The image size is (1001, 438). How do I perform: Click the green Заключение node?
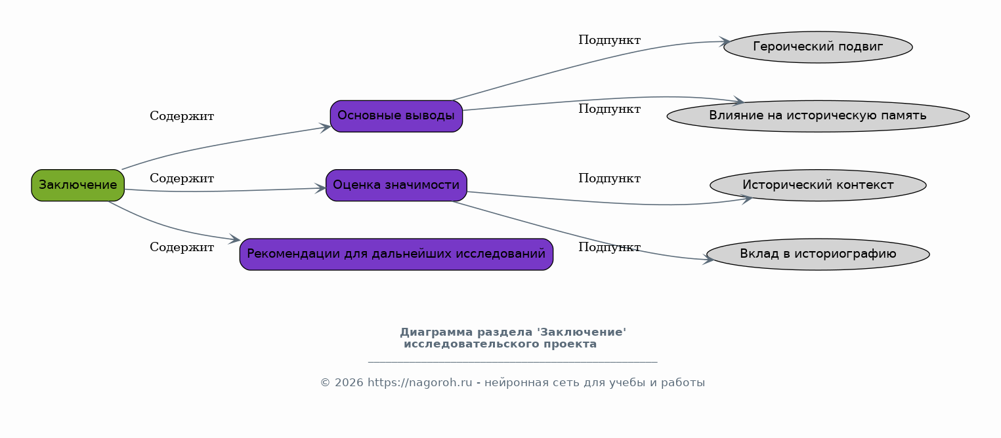(77, 186)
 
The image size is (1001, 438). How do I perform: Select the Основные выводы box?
(396, 116)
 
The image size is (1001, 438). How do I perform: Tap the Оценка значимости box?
(396, 186)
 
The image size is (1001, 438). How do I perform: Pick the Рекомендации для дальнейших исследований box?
(396, 254)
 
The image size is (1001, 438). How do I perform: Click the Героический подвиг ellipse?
(818, 47)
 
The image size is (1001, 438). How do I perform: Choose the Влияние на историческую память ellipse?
(818, 116)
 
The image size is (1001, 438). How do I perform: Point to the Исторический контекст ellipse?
(818, 186)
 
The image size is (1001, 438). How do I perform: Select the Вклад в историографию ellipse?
(818, 254)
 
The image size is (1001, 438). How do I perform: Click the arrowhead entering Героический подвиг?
(725, 42)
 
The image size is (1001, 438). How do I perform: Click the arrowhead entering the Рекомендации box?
(235, 240)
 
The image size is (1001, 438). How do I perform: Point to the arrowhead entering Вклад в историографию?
(709, 260)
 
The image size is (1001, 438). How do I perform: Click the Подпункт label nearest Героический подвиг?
(610, 40)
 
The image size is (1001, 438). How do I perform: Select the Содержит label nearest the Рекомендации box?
(182, 247)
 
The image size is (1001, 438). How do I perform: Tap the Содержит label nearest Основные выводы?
(182, 116)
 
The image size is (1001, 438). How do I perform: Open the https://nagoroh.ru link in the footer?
(419, 383)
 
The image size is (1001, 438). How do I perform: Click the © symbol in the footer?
(326, 383)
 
